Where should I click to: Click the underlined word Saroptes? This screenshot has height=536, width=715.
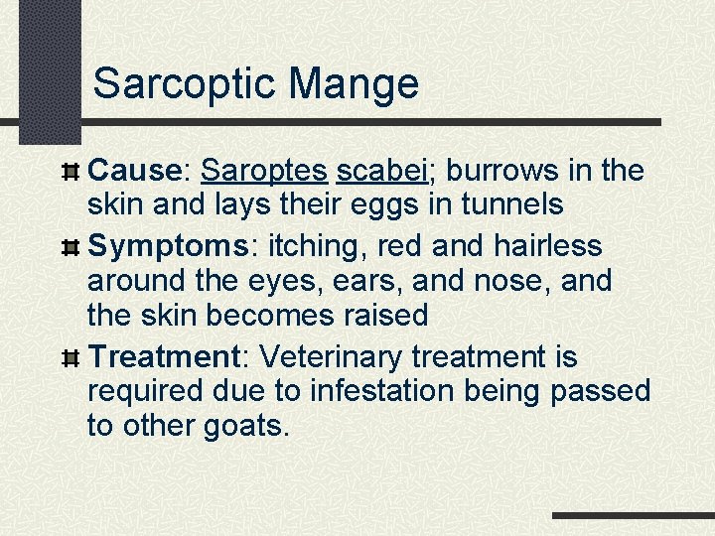pyautogui.click(x=263, y=171)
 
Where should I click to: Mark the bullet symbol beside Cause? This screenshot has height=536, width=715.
pyautogui.click(x=70, y=172)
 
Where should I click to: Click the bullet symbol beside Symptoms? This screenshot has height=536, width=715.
pyautogui.click(x=70, y=246)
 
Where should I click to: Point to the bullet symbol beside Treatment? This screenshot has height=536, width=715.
pyautogui.click(x=70, y=356)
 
